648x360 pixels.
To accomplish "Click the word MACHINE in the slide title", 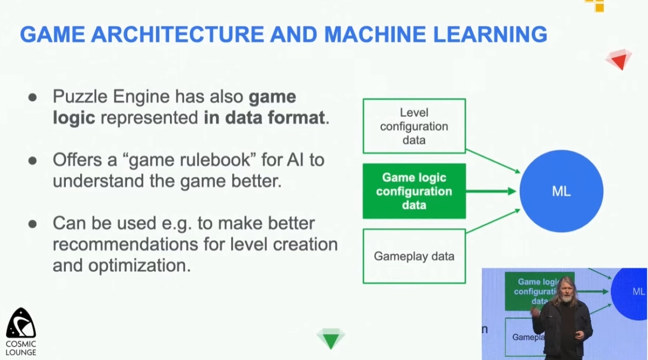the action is tap(375, 34).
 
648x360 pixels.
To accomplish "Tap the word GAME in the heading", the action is tap(52, 34).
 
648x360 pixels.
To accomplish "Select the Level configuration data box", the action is tap(414, 126).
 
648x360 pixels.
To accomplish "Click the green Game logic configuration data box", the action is tap(414, 191).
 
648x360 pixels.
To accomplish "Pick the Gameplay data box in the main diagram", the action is tap(414, 256).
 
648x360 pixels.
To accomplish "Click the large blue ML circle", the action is tap(561, 191).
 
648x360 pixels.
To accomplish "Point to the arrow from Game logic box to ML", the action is tap(491, 191).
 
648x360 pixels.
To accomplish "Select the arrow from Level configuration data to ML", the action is tap(493, 161).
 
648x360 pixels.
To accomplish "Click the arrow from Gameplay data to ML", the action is tap(493, 221).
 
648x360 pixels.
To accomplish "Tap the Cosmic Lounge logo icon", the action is tap(21, 323).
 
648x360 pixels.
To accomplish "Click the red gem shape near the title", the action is tap(619, 59).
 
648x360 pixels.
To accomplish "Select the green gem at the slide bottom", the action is tap(330, 339).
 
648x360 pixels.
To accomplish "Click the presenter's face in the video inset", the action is tap(566, 292).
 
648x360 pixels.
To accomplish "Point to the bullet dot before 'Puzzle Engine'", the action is tap(33, 97).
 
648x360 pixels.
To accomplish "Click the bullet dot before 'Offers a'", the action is tap(33, 160).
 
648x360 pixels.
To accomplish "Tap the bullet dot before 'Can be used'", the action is tap(33, 224).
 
